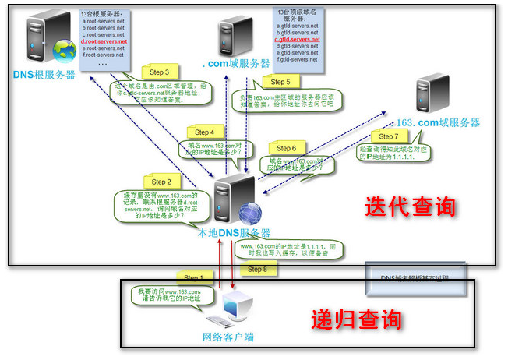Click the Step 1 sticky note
point(192,276)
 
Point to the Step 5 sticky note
point(279,81)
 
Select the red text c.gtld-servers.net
point(298,39)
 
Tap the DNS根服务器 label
point(44,75)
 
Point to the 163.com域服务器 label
point(438,122)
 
